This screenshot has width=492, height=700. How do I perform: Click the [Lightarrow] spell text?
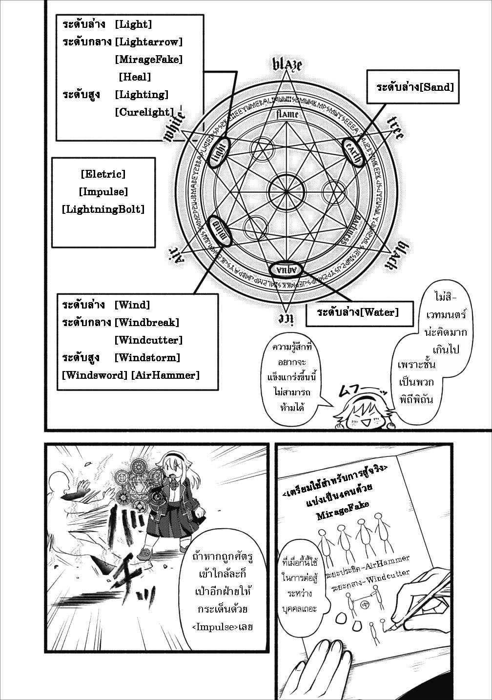coord(148,42)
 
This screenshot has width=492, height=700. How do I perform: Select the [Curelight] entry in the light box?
coord(144,112)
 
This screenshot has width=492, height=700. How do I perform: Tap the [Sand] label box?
coord(415,87)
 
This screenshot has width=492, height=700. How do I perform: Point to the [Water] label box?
coord(357,312)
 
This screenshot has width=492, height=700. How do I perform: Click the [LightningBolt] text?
coord(103,209)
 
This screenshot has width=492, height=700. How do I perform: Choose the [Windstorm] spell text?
coord(147,358)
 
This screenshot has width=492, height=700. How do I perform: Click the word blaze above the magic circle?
coord(287,64)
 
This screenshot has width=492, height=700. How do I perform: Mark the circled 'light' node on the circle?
coord(219,152)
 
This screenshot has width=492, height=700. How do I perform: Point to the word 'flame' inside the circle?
coord(287,115)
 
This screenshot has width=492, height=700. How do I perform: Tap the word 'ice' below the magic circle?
coord(285,318)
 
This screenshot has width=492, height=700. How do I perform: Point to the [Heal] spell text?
coord(135,77)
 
